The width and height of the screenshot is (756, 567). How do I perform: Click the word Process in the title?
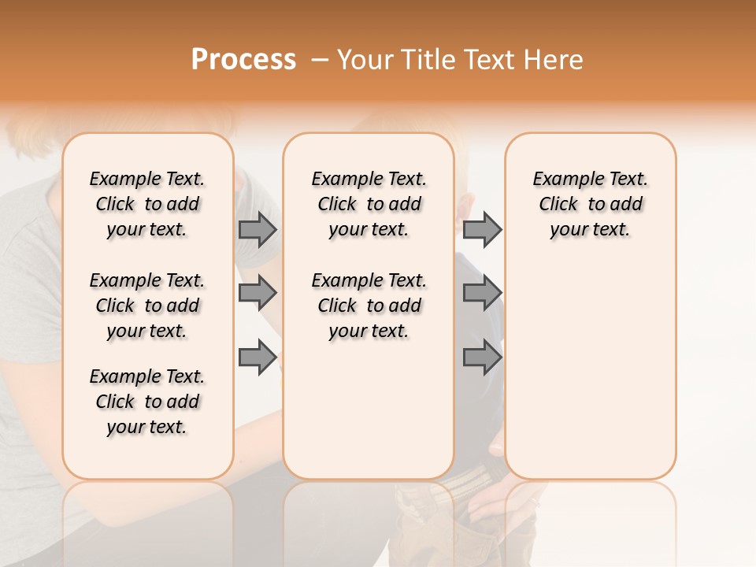[x=243, y=60]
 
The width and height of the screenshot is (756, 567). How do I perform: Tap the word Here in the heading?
[x=554, y=60]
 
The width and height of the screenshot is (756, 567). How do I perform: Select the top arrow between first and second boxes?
[x=258, y=230]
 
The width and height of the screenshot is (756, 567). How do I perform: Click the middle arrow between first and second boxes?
[x=258, y=293]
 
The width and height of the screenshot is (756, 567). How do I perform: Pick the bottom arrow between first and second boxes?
[x=258, y=358]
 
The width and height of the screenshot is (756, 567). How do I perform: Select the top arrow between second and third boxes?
[x=482, y=230]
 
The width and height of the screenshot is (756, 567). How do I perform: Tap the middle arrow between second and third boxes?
[x=482, y=293]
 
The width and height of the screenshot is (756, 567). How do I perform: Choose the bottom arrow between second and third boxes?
[x=482, y=358]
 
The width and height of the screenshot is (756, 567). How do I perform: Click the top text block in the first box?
[x=147, y=204]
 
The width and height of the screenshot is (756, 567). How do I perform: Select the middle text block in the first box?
[x=147, y=306]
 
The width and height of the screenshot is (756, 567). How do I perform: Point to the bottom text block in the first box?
[x=147, y=402]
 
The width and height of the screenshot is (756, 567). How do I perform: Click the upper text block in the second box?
[x=369, y=204]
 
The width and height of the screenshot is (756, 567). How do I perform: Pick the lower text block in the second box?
[x=369, y=306]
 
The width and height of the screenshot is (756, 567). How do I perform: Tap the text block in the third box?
[x=591, y=204]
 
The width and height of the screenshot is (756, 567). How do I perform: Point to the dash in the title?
[x=320, y=60]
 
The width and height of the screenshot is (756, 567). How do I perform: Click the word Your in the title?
[x=365, y=60]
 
